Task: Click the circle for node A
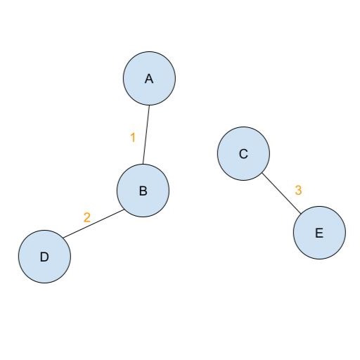pyautogui.click(x=149, y=78)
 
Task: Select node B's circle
pyautogui.click(x=143, y=191)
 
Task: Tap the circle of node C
pyautogui.click(x=243, y=154)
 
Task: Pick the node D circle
pyautogui.click(x=44, y=257)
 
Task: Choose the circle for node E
pyautogui.click(x=319, y=233)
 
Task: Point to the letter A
pyautogui.click(x=149, y=79)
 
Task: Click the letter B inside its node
pyautogui.click(x=143, y=191)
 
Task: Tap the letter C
pyautogui.click(x=243, y=154)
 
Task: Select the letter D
pyautogui.click(x=44, y=257)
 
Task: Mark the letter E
pyautogui.click(x=319, y=233)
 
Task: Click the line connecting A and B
pyautogui.click(x=146, y=135)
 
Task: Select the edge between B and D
pyautogui.click(x=94, y=224)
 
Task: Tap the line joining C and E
pyautogui.click(x=281, y=193)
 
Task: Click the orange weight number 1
pyautogui.click(x=133, y=138)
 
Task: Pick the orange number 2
pyautogui.click(x=87, y=217)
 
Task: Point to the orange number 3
pyautogui.click(x=298, y=191)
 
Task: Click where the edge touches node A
pyautogui.click(x=149, y=105)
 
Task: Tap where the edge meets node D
pyautogui.click(x=63, y=238)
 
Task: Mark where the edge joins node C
pyautogui.click(x=262, y=173)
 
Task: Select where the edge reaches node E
pyautogui.click(x=301, y=214)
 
